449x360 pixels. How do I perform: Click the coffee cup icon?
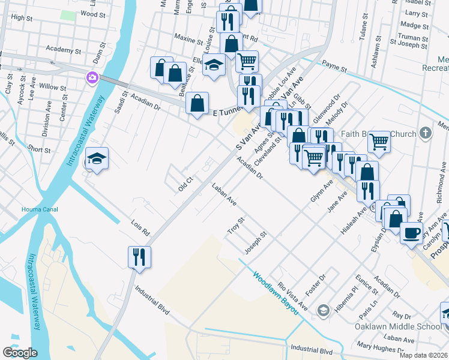[x=411, y=232]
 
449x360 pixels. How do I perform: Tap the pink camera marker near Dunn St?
[x=92, y=77]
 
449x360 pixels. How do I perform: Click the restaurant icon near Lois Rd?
[x=139, y=256]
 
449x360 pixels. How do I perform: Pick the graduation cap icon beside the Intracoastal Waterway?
[x=97, y=158]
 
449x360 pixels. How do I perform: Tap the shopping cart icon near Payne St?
[x=247, y=61]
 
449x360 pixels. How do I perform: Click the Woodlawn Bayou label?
[x=274, y=294]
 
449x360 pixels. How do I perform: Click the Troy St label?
[x=234, y=226]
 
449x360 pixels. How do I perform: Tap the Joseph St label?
[x=255, y=241]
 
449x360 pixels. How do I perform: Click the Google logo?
[x=20, y=353]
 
